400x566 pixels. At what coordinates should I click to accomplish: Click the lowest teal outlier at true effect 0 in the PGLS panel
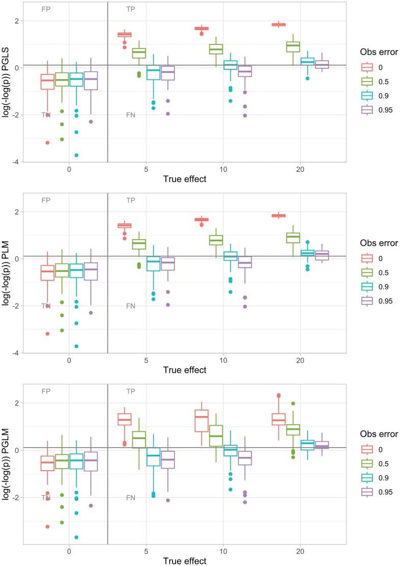click(76, 155)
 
